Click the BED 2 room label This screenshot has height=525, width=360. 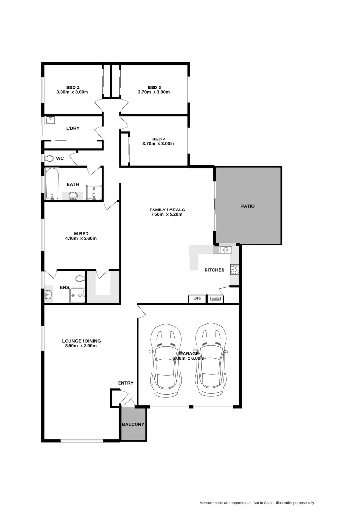[x=72, y=87]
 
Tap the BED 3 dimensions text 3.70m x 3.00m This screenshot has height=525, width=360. [x=154, y=92]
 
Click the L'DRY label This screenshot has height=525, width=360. [x=72, y=128]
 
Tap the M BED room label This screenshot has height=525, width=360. [x=81, y=233]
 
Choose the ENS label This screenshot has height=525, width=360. [x=64, y=288]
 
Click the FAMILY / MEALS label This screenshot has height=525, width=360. [x=167, y=210]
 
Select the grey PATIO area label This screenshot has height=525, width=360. [x=248, y=206]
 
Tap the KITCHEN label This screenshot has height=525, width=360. [x=214, y=270]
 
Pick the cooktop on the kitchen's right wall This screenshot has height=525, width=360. [x=234, y=269]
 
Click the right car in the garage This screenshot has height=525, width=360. [x=211, y=359]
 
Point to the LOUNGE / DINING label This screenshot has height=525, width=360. [x=81, y=341]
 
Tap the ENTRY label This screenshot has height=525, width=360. [x=125, y=383]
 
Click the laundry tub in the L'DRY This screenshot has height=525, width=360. [x=50, y=120]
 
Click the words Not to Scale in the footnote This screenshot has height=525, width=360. [x=263, y=503]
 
